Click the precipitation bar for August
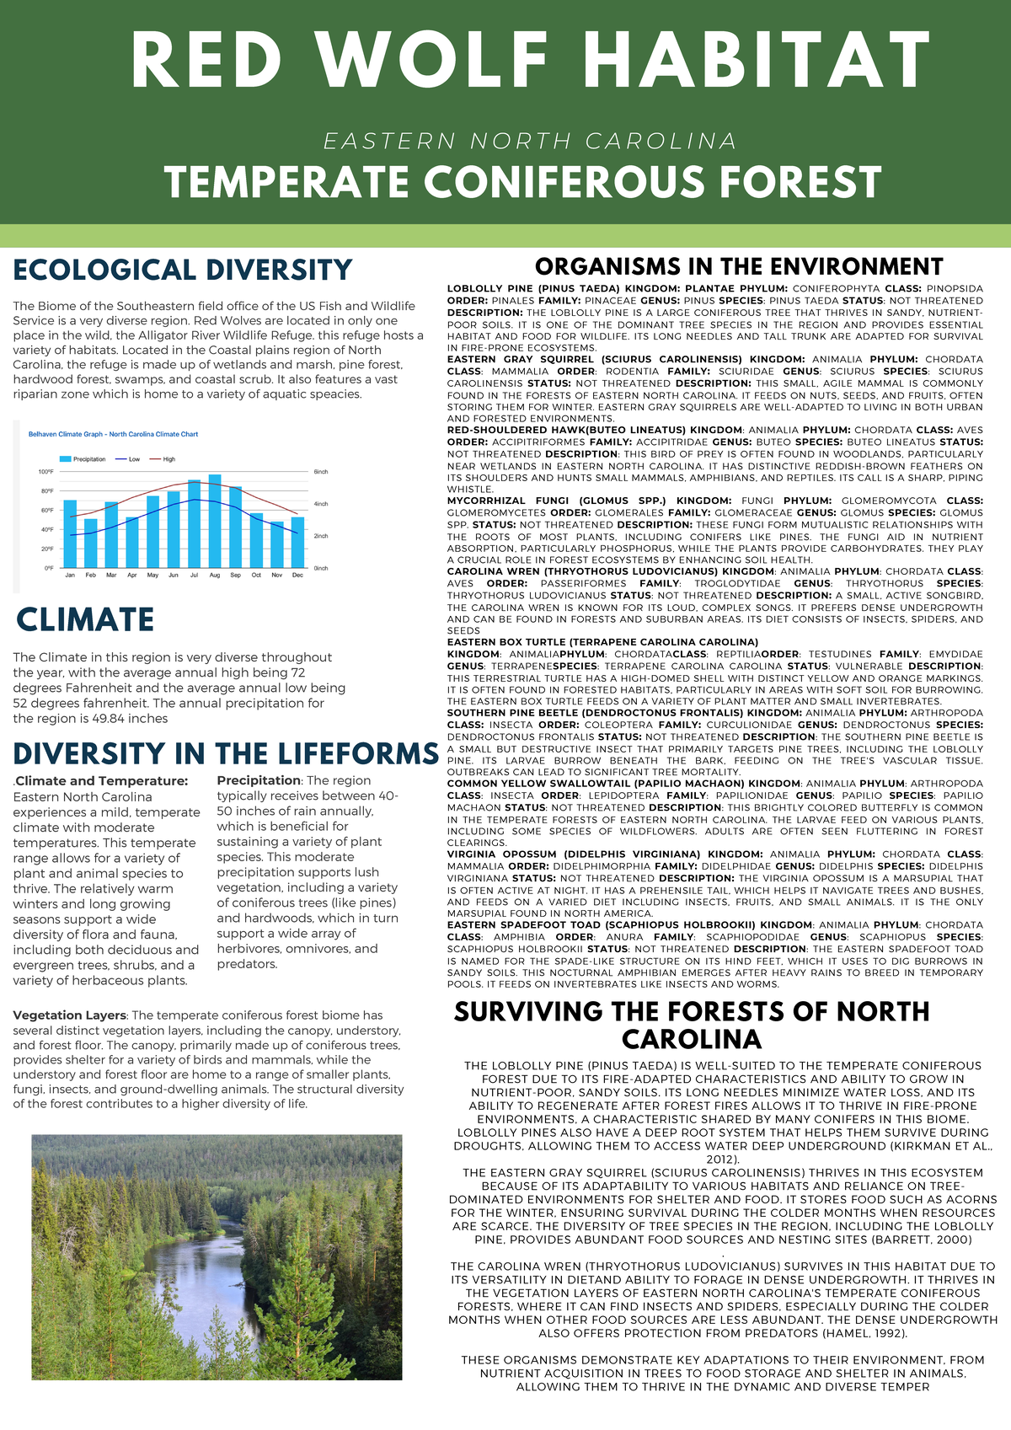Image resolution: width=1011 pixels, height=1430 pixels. point(215,522)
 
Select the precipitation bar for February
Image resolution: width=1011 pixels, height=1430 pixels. point(90,544)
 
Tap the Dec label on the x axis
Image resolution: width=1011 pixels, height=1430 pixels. point(297,575)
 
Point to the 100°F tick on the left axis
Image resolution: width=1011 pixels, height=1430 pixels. point(45,472)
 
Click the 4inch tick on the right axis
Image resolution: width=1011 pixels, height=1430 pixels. point(321,504)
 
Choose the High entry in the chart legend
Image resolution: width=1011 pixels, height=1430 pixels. point(168,459)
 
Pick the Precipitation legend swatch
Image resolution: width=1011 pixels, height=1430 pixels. point(67,459)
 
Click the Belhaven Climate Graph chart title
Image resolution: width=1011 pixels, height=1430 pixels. point(114,434)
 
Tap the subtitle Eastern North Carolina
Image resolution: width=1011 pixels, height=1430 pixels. point(531,141)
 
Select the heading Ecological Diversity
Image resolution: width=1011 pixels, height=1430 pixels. point(182,270)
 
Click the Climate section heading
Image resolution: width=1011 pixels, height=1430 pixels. point(85,619)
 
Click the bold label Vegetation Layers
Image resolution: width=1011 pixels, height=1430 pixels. point(70,1015)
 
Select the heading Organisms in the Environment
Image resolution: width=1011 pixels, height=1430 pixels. point(739,267)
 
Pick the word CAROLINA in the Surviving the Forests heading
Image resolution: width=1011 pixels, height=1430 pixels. point(692,1038)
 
